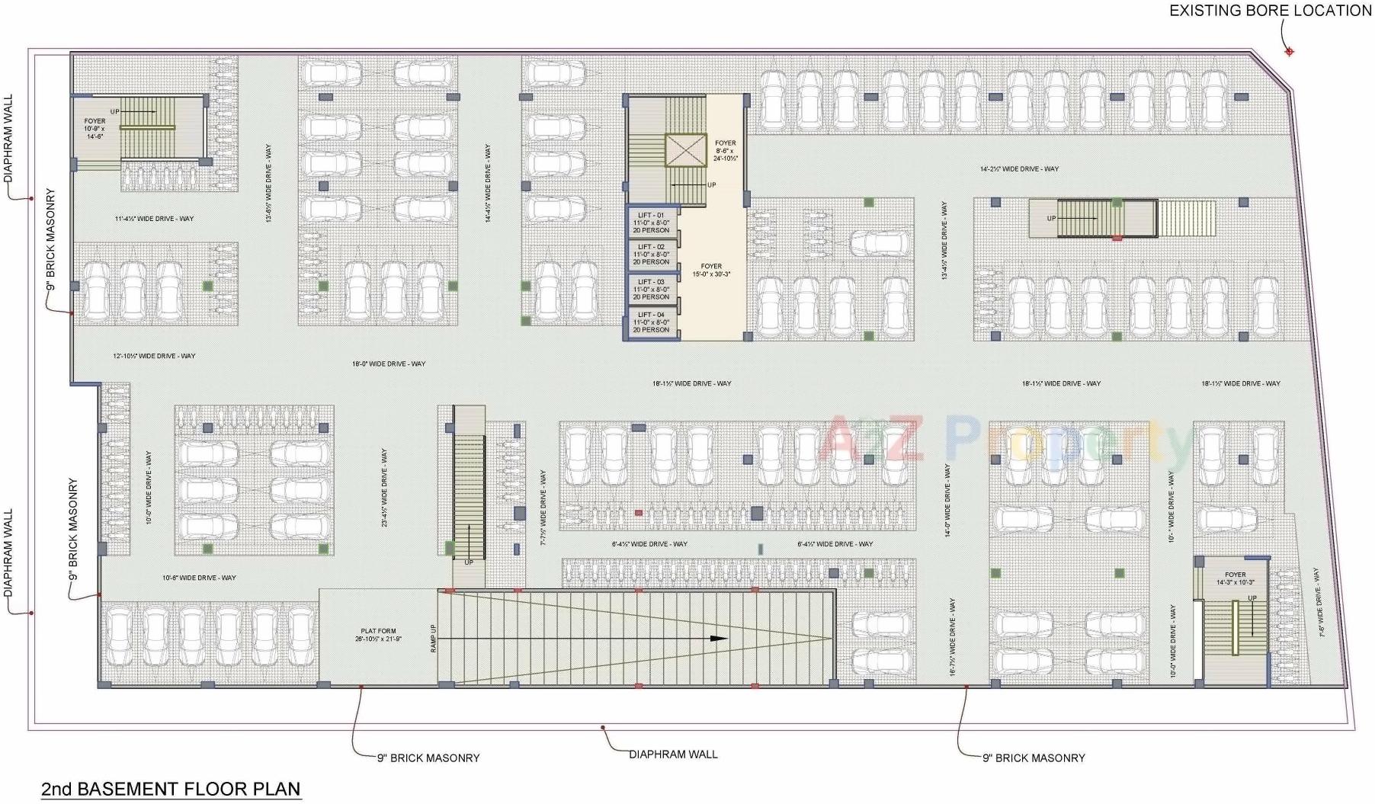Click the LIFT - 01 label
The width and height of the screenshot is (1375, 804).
[x=651, y=216]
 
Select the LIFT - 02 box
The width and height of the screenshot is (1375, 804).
[x=651, y=255]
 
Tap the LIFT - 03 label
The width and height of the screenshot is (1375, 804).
[x=651, y=282]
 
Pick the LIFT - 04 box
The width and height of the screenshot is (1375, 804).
[x=651, y=322]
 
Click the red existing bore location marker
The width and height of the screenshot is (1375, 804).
[x=1290, y=52]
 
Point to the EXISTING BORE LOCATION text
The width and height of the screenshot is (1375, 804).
[x=1271, y=11]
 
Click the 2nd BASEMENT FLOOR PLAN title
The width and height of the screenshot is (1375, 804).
[x=171, y=789]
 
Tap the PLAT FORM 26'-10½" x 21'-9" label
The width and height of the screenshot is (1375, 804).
[x=378, y=635]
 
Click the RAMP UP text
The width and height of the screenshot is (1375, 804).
[x=434, y=638]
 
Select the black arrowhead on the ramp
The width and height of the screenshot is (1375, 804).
[x=719, y=639]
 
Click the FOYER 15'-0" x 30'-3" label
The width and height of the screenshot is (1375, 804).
[x=711, y=271]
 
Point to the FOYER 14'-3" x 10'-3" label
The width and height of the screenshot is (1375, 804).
[x=1235, y=578]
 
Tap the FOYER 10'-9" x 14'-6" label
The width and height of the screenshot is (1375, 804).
[x=95, y=128]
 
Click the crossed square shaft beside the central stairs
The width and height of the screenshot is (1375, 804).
[x=686, y=150]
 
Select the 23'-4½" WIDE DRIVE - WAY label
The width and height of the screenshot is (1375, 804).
[x=385, y=488]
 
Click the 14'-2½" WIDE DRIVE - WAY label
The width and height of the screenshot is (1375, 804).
[x=1019, y=169]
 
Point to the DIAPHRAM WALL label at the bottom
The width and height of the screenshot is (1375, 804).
[x=673, y=754]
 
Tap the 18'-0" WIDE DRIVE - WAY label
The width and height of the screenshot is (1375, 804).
[x=389, y=364]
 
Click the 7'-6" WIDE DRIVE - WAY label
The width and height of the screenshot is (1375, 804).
[x=1319, y=602]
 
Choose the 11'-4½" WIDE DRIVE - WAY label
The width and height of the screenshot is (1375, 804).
[x=154, y=219]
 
